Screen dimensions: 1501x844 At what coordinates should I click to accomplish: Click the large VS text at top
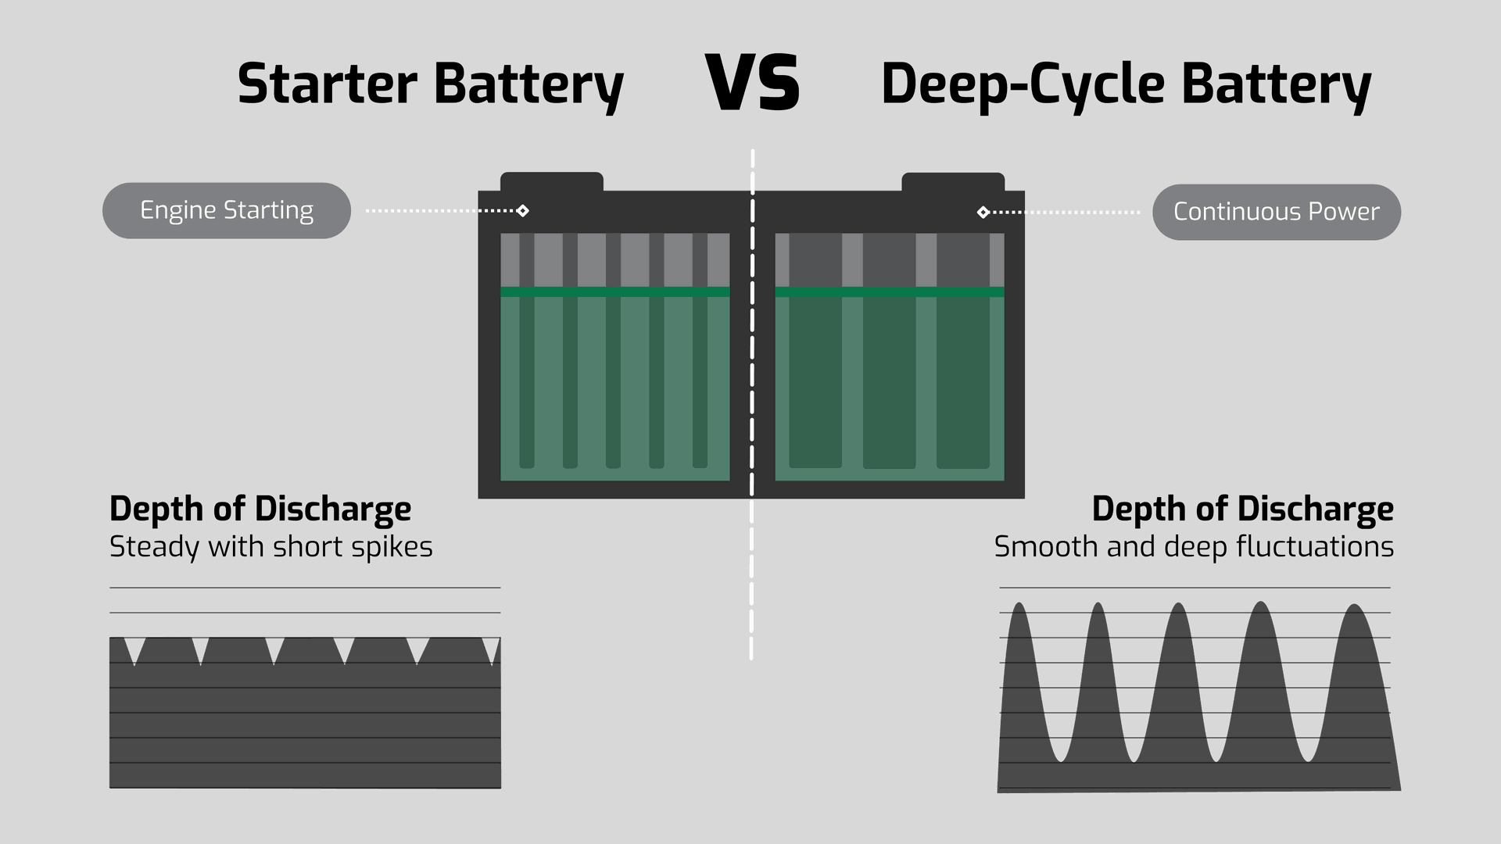753,83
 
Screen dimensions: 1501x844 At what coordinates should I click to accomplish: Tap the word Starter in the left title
327,84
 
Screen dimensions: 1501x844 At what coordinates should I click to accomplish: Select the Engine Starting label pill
227,210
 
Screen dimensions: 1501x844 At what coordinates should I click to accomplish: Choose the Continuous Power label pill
1277,212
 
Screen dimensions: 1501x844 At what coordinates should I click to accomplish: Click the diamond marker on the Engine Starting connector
523,211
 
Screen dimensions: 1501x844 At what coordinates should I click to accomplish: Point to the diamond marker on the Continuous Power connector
983,213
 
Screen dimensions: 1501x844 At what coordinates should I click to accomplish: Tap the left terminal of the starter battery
552,182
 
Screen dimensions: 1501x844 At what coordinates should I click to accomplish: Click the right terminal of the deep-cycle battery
953,182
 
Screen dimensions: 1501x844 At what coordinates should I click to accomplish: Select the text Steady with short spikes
270,547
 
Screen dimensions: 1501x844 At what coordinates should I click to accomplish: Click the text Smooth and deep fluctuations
1194,547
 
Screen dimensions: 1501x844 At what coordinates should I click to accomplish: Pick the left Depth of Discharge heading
260,509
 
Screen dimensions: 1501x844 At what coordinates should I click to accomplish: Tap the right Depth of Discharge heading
1242,509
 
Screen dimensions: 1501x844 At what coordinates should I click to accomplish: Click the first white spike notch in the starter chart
134,649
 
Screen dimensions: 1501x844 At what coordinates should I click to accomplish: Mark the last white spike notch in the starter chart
491,649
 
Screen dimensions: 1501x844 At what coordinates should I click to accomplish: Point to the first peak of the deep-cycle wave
1019,605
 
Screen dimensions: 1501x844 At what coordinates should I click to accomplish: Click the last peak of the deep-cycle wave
1355,606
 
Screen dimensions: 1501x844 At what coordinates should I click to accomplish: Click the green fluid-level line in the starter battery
615,291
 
